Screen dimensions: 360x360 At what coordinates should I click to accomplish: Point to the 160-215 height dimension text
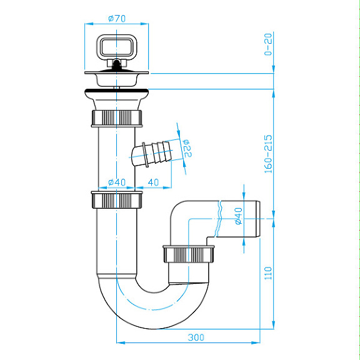coord(268,153)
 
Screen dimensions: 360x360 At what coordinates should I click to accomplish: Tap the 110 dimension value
coord(268,272)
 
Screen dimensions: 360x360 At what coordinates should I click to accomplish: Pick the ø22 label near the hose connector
coord(186,148)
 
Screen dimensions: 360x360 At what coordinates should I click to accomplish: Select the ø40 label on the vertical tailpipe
coord(117,182)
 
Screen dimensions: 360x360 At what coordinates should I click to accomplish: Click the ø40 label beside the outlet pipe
coord(237,216)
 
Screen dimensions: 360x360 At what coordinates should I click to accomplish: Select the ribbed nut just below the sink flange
coord(117,117)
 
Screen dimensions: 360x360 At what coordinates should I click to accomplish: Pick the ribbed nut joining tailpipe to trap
coord(117,200)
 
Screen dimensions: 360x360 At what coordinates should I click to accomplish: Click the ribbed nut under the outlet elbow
coord(189,254)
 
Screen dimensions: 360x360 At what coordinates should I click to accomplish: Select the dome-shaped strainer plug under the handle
coord(117,77)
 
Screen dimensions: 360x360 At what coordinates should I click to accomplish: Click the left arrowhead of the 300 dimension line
coord(121,342)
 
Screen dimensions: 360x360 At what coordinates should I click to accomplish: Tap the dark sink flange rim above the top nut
coord(117,94)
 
